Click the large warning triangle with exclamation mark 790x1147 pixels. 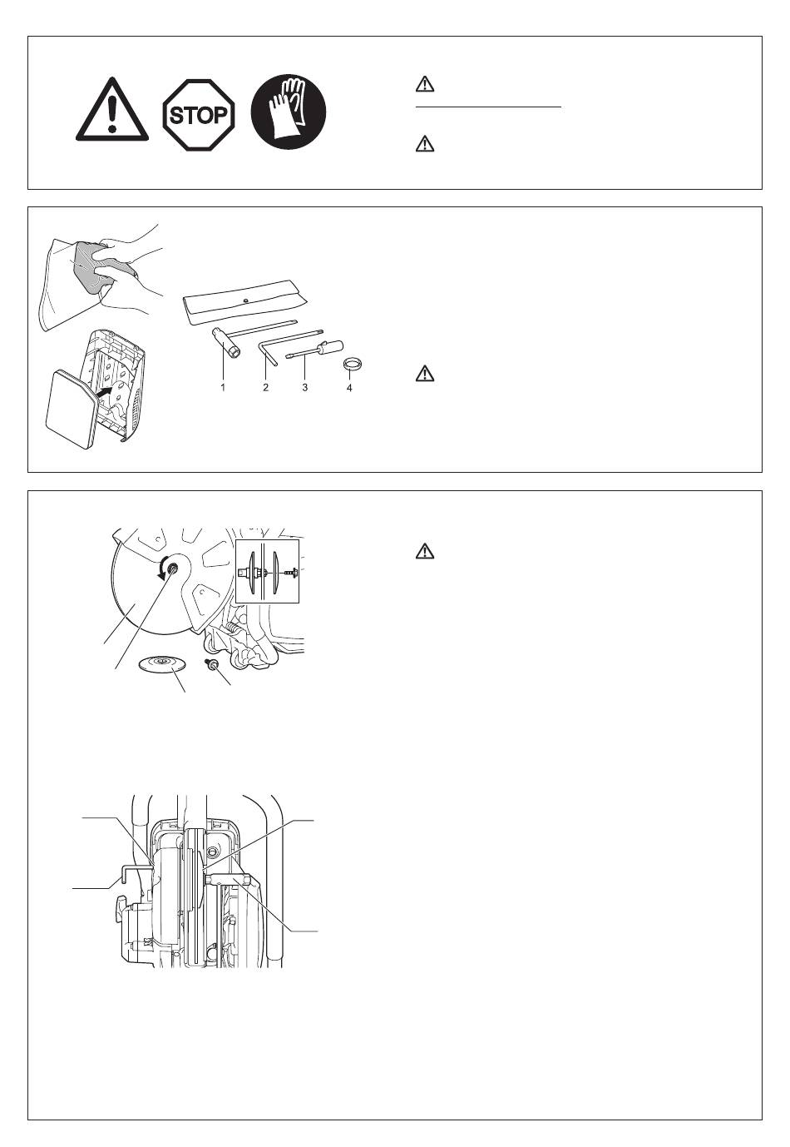112,112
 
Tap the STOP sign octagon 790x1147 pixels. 198,113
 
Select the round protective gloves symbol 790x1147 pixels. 289,112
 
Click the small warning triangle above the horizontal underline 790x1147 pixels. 425,84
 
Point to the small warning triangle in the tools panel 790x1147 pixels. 425,374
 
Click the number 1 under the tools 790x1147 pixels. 224,388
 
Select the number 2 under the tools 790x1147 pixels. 266,388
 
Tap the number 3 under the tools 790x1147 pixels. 305,388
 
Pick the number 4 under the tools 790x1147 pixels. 349,388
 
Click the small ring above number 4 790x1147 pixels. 353,365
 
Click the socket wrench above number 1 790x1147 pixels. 226,340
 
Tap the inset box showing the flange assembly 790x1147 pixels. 267,570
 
